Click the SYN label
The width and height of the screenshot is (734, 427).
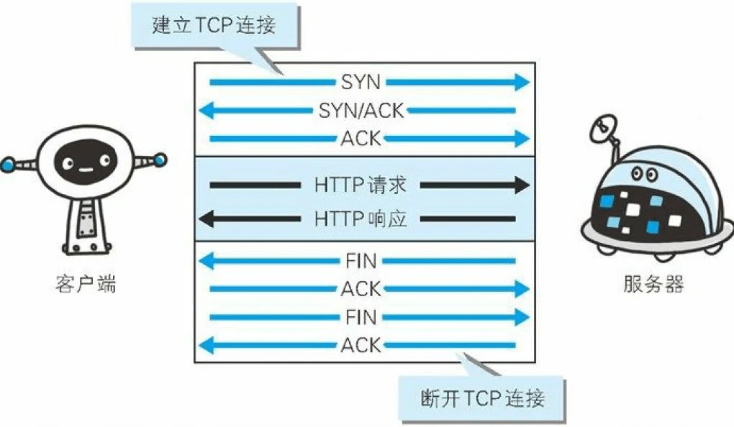point(361,82)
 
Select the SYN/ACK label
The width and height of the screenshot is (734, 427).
point(361,111)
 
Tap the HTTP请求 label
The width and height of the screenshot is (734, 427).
point(361,185)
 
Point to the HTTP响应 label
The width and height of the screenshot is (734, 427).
point(361,218)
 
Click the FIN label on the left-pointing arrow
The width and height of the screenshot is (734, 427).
point(361,260)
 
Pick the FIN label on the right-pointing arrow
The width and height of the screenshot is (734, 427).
point(361,317)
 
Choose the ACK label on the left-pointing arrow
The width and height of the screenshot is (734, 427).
point(361,345)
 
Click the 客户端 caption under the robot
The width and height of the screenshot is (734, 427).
point(85,285)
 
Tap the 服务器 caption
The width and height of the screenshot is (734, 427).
point(653,285)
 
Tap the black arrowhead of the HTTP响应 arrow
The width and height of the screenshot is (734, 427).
point(206,218)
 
